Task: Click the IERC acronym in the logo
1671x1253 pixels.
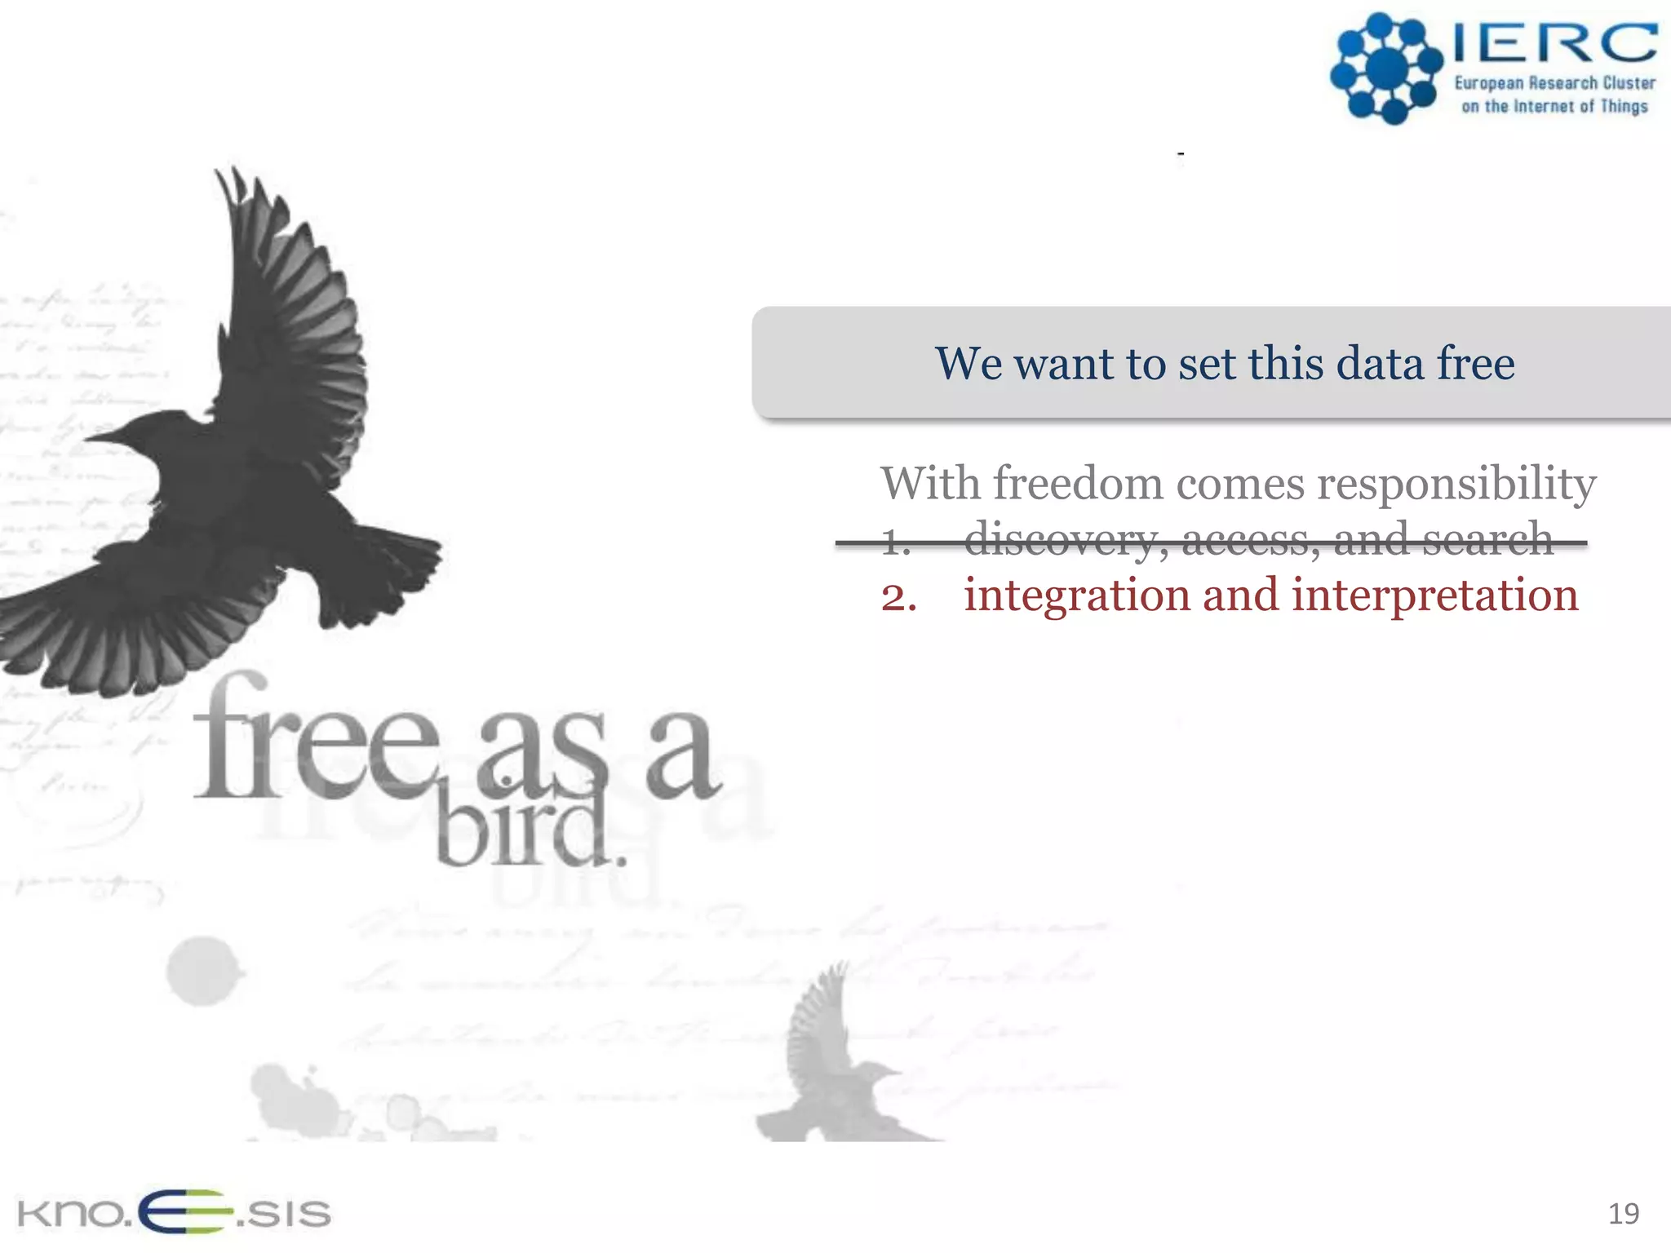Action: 1554,42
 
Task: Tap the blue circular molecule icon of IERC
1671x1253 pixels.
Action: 1385,69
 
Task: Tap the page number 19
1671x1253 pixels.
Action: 1623,1214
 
